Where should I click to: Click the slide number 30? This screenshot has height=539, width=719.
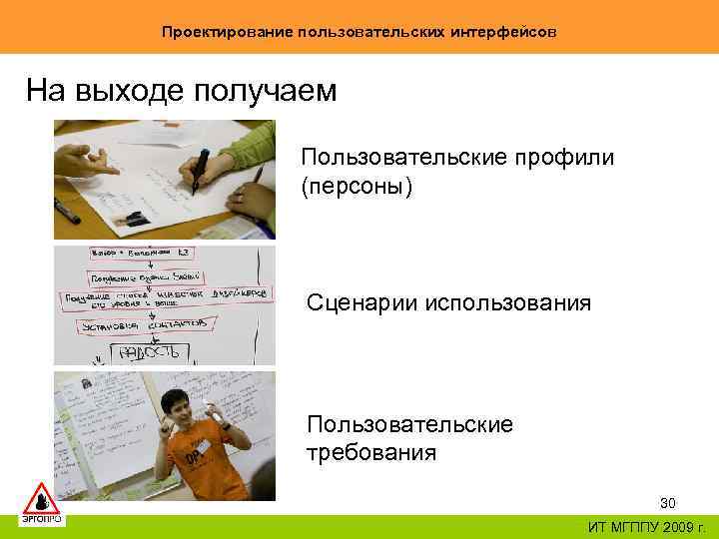click(x=669, y=502)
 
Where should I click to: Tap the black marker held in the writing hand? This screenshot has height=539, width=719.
click(x=200, y=168)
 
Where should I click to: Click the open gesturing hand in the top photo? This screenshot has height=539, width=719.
click(x=85, y=160)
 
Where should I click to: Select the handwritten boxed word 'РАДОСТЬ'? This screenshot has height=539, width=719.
click(x=150, y=351)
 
